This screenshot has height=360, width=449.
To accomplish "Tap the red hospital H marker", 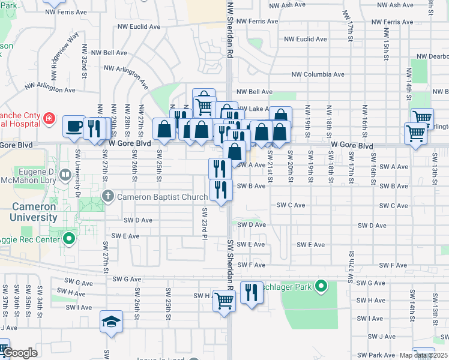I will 48,121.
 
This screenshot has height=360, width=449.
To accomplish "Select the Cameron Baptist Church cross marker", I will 108,196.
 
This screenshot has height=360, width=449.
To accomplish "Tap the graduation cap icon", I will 111,322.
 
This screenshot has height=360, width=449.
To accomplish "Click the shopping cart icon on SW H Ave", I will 224,300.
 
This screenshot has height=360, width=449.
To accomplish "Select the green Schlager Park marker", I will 321,287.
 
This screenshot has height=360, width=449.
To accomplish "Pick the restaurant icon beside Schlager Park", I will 252,293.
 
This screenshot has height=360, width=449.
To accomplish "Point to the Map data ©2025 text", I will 423,355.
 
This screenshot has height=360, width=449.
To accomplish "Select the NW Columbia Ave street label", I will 318,74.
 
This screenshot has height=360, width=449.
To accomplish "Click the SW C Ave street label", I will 291,205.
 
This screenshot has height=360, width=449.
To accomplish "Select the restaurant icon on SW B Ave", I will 221,190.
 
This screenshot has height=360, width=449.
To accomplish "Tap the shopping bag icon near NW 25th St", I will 164,128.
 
